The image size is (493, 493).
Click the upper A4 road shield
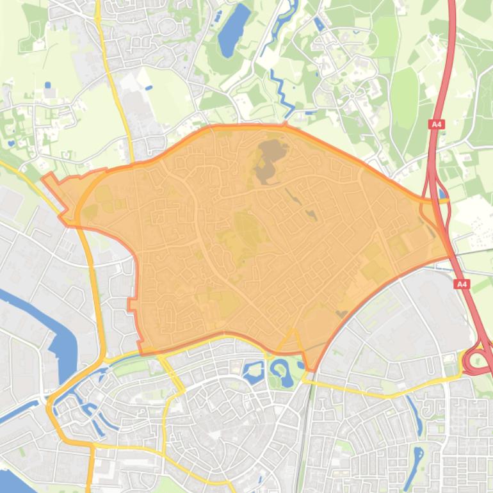[x=437, y=124]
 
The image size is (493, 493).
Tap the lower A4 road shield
[x=462, y=284]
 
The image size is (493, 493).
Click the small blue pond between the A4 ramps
[x=442, y=193]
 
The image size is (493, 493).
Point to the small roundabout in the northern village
[x=352, y=96]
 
